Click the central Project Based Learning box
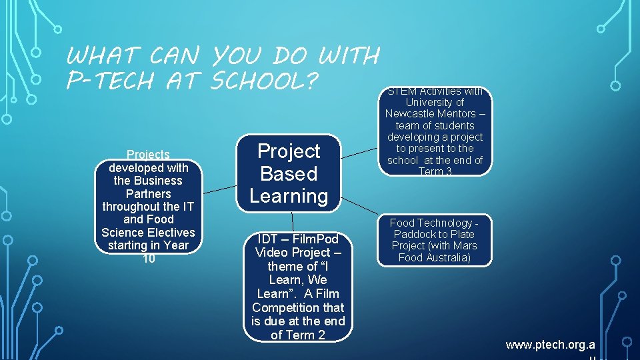[289, 173]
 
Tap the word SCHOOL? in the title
[266, 80]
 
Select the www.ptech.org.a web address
[550, 345]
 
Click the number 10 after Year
[149, 258]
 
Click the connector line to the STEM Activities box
[361, 154]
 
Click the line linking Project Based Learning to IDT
[293, 222]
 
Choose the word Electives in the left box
[171, 233]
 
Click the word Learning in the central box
[289, 196]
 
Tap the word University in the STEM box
[435, 102]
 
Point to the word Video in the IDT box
[273, 253]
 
